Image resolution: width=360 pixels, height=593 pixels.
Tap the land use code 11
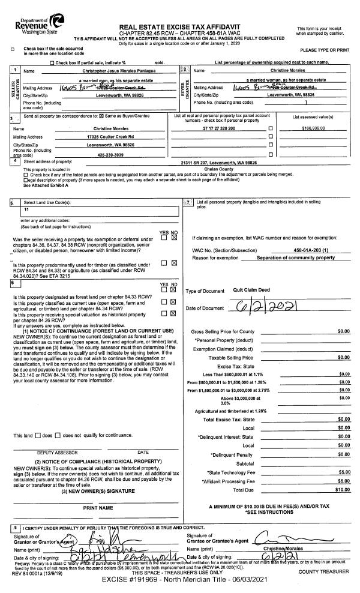(x=26, y=209)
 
